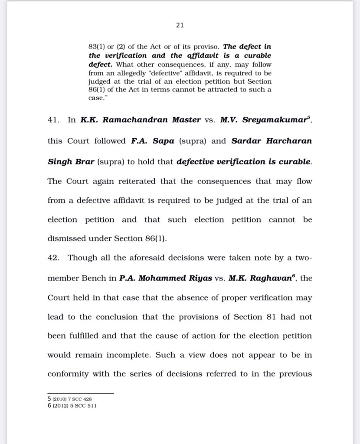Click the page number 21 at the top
click(180, 26)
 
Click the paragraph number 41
click(53, 120)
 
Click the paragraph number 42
click(53, 258)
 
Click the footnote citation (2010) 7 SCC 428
click(72, 399)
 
